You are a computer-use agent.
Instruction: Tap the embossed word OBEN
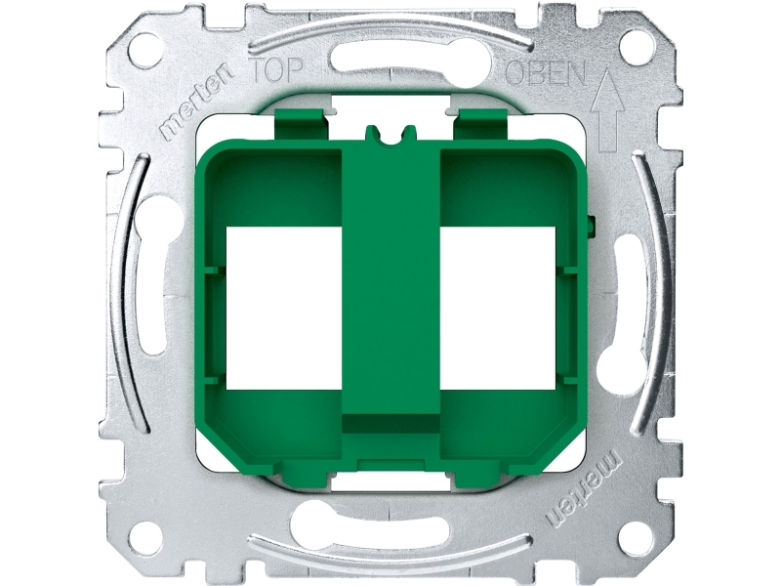(x=546, y=73)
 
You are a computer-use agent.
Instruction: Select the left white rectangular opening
(x=284, y=308)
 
